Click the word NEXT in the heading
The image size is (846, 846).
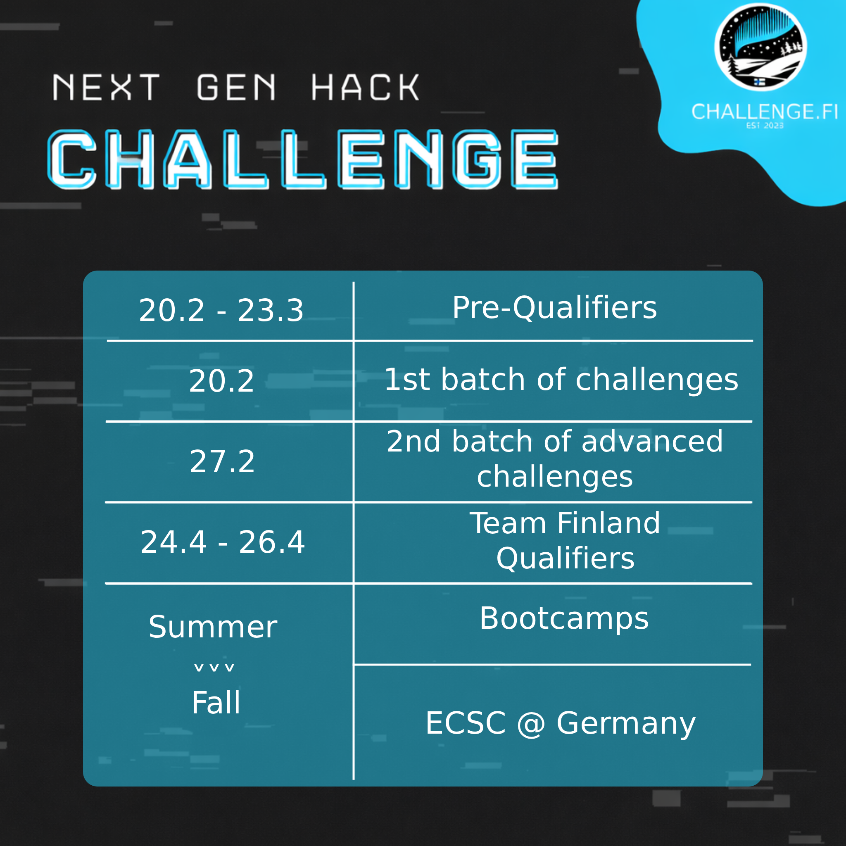pos(107,87)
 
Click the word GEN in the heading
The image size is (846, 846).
pos(236,87)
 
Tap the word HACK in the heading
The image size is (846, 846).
pos(365,87)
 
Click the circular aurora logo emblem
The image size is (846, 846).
pos(760,47)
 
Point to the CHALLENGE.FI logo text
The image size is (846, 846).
pos(765,112)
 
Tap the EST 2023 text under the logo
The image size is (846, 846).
pos(765,126)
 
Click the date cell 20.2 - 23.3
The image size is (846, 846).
pos(221,311)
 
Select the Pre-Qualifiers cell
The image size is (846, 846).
pos(554,308)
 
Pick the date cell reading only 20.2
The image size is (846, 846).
pos(221,381)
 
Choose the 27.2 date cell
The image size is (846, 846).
pos(222,461)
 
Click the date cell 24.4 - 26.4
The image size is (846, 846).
pos(223,542)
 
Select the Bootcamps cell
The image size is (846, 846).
pos(564,618)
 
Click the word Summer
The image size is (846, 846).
pos(213,627)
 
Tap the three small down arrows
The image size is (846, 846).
pos(214,668)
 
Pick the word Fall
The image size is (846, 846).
pos(216,703)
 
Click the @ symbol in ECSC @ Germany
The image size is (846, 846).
pos(531,723)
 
